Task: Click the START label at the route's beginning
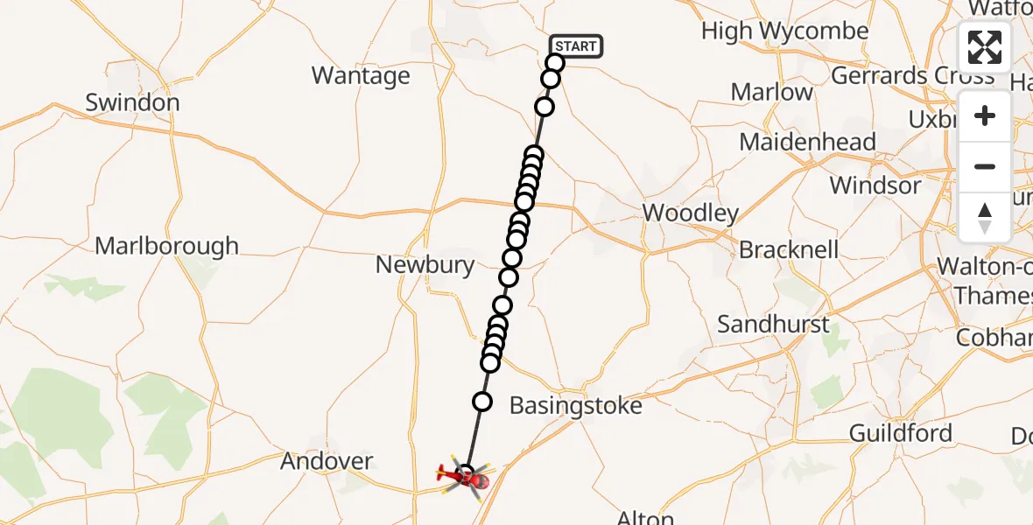575,46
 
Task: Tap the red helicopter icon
465,476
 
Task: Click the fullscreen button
985,47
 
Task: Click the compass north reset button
985,218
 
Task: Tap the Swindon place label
132,102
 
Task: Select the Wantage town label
361,76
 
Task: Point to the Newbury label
425,264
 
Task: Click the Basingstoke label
575,406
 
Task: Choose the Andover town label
327,461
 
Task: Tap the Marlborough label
166,246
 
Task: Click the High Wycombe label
785,31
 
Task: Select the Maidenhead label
807,142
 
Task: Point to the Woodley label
691,213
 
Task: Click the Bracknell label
789,250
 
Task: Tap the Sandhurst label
773,325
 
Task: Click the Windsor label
875,185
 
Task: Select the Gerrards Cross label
912,76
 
